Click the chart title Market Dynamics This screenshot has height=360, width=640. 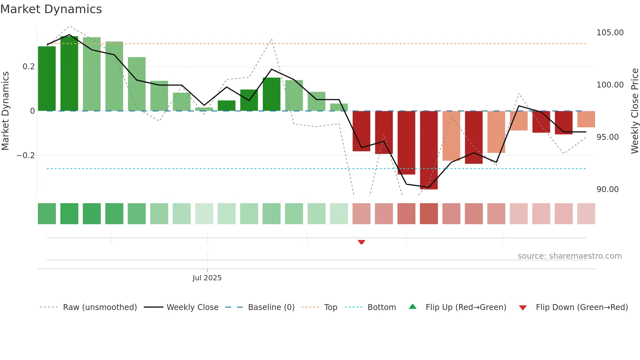[51, 9]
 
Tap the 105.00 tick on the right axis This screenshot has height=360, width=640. [610, 33]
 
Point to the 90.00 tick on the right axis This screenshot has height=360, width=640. [607, 189]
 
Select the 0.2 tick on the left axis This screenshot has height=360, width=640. [28, 67]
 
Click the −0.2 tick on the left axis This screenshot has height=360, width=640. [26, 155]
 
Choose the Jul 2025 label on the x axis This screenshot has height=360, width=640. [207, 278]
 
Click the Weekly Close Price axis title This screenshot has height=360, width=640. [634, 111]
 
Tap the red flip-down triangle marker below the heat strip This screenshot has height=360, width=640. [361, 242]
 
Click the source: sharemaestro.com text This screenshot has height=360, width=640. [569, 256]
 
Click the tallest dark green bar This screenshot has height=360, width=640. [69, 74]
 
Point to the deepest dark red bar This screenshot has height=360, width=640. [429, 150]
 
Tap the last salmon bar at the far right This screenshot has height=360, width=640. [586, 119]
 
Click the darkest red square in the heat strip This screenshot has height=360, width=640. [429, 214]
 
